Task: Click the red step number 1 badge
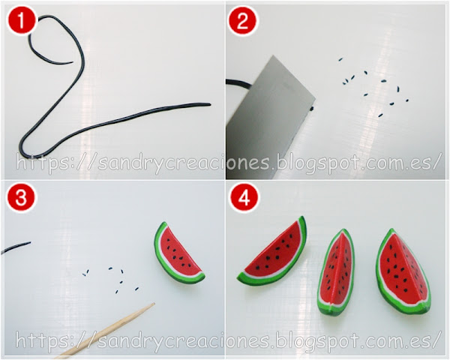pyautogui.click(x=22, y=22)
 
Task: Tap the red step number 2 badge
pyautogui.click(x=242, y=22)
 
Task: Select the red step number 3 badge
pyautogui.click(x=21, y=199)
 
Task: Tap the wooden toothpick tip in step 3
pyautogui.click(x=154, y=303)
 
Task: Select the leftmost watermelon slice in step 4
pyautogui.click(x=273, y=253)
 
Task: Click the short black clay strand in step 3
pyautogui.click(x=16, y=247)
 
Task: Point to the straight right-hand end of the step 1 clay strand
pyautogui.click(x=210, y=104)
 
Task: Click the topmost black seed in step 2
pyautogui.click(x=340, y=60)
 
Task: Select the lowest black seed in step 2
pyautogui.click(x=380, y=115)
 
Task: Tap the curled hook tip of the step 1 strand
pyautogui.click(x=71, y=61)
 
